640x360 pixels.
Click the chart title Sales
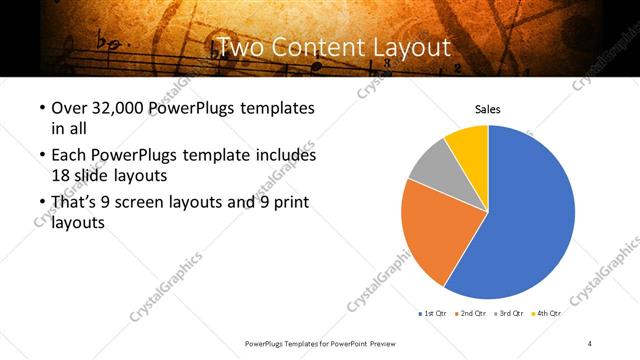[x=487, y=109]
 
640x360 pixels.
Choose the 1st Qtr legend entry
[x=432, y=313]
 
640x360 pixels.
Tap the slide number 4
[x=590, y=343]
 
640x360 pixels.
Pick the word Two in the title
[x=243, y=47]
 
